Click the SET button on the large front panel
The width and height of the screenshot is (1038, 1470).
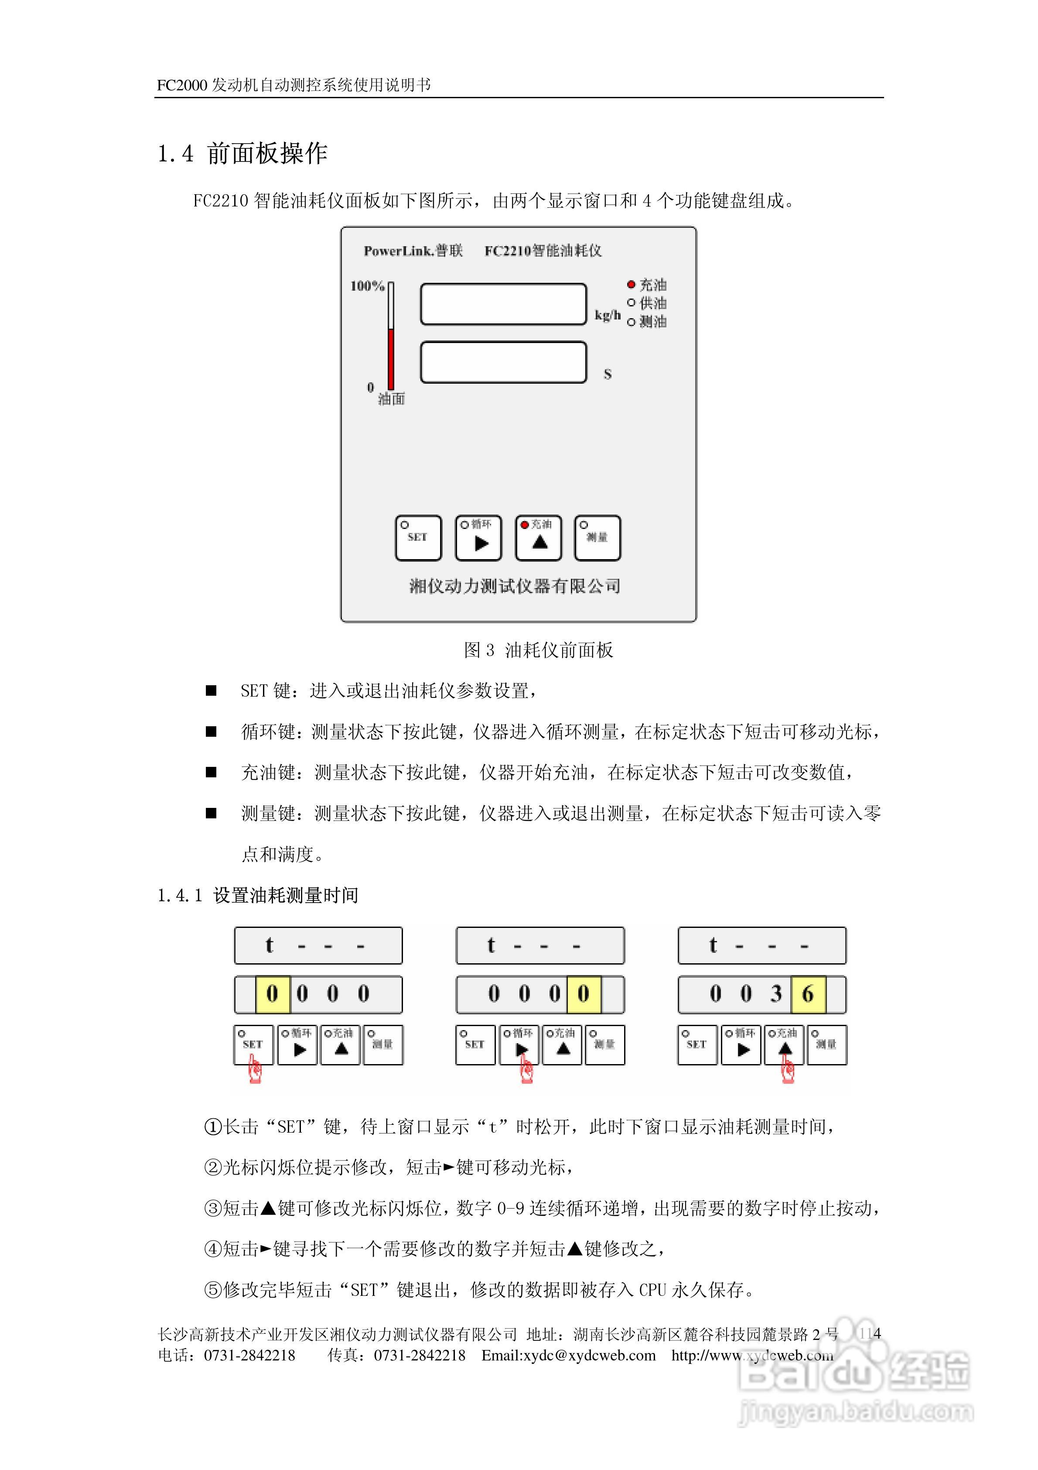[x=418, y=538]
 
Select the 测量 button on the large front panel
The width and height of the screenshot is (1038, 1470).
[x=597, y=538]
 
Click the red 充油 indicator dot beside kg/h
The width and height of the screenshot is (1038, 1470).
[x=631, y=284]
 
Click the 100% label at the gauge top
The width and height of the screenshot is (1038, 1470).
[x=367, y=286]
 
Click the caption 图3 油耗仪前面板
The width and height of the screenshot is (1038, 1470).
[x=538, y=650]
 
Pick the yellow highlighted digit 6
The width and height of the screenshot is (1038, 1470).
[x=808, y=994]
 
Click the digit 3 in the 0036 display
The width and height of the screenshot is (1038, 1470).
[x=776, y=994]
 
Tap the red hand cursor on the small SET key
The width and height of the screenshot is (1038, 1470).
[x=255, y=1069]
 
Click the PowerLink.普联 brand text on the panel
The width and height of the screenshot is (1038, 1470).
[x=413, y=251]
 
